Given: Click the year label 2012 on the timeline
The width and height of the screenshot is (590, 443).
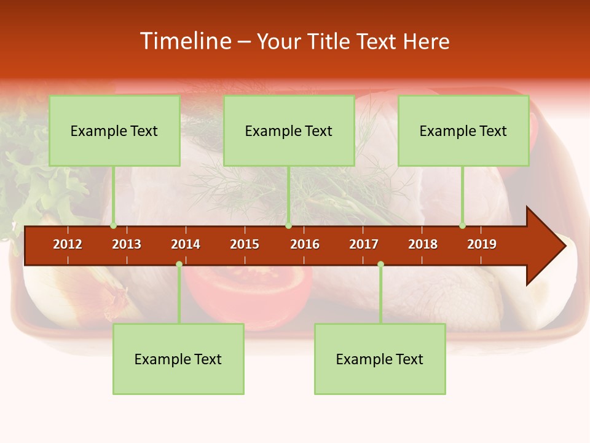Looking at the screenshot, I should tap(68, 244).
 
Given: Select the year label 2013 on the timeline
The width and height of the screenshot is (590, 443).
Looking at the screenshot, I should tap(127, 244).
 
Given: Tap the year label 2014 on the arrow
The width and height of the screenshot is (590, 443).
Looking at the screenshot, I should tap(186, 244).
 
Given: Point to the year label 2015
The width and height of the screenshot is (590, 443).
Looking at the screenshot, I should tap(245, 244).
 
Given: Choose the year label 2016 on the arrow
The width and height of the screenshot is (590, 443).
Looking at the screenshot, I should tap(305, 244).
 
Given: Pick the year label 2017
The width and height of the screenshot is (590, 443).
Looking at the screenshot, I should tap(364, 244).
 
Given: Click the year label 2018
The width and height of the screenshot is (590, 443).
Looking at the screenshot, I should tap(423, 244).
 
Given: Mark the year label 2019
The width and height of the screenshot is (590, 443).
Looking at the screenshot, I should tap(482, 244).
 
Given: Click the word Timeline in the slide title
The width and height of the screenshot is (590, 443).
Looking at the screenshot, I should tap(184, 41).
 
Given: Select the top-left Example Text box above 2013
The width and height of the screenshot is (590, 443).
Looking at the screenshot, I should tap(114, 130).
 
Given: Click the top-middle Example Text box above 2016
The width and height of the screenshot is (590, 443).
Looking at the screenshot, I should tap(289, 130).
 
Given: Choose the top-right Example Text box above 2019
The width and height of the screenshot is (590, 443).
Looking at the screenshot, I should tap(463, 130).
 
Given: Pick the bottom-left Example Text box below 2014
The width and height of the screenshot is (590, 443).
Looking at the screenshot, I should tap(178, 359).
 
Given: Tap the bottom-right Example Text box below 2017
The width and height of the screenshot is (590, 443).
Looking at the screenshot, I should tap(380, 359).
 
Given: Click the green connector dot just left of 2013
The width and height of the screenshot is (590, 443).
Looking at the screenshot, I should tap(114, 226).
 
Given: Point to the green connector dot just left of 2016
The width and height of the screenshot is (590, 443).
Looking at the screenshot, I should tap(288, 226).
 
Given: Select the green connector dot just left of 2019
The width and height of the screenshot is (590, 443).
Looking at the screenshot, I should tap(462, 226).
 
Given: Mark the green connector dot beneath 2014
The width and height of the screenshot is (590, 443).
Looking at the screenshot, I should tap(179, 264).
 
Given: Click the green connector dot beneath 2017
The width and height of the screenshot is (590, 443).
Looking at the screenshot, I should tap(380, 264).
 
